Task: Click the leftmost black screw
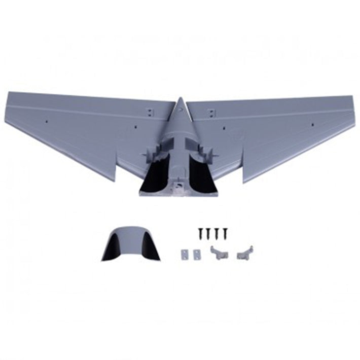[x=201, y=233]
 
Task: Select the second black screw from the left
[x=208, y=233]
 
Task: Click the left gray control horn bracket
[x=219, y=251]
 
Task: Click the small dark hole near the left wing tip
[x=46, y=122]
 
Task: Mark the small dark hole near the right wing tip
[x=311, y=123]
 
